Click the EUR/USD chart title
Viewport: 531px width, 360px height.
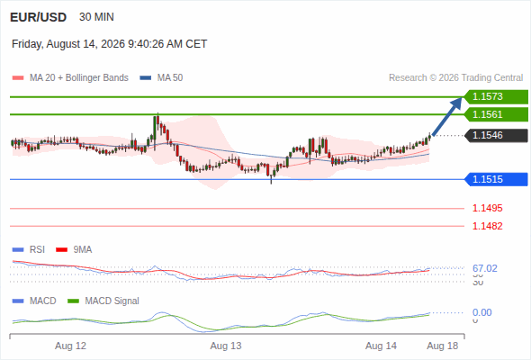(x=39, y=17)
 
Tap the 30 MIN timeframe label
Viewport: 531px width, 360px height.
(x=96, y=17)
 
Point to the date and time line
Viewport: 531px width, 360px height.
(x=110, y=44)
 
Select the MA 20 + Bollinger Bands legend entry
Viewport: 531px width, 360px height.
(x=70, y=78)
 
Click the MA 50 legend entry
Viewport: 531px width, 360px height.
(x=161, y=78)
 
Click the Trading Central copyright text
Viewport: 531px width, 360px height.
(x=455, y=78)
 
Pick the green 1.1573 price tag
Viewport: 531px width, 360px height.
(x=496, y=97)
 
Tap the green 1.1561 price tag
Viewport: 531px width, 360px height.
(x=496, y=114)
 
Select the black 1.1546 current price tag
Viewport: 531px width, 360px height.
(x=496, y=136)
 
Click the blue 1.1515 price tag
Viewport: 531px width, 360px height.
(x=496, y=179)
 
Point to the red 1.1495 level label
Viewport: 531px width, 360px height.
(x=487, y=208)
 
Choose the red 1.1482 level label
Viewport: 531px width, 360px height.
(x=487, y=226)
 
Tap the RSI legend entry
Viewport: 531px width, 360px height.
(x=29, y=250)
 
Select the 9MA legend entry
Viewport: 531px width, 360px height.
(x=74, y=250)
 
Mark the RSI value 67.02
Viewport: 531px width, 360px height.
(x=485, y=268)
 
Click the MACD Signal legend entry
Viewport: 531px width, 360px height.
(x=103, y=301)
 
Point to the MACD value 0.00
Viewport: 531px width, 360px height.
(x=481, y=312)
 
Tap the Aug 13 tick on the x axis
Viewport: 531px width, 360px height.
(x=226, y=346)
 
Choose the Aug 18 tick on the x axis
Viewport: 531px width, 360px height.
(x=443, y=346)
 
